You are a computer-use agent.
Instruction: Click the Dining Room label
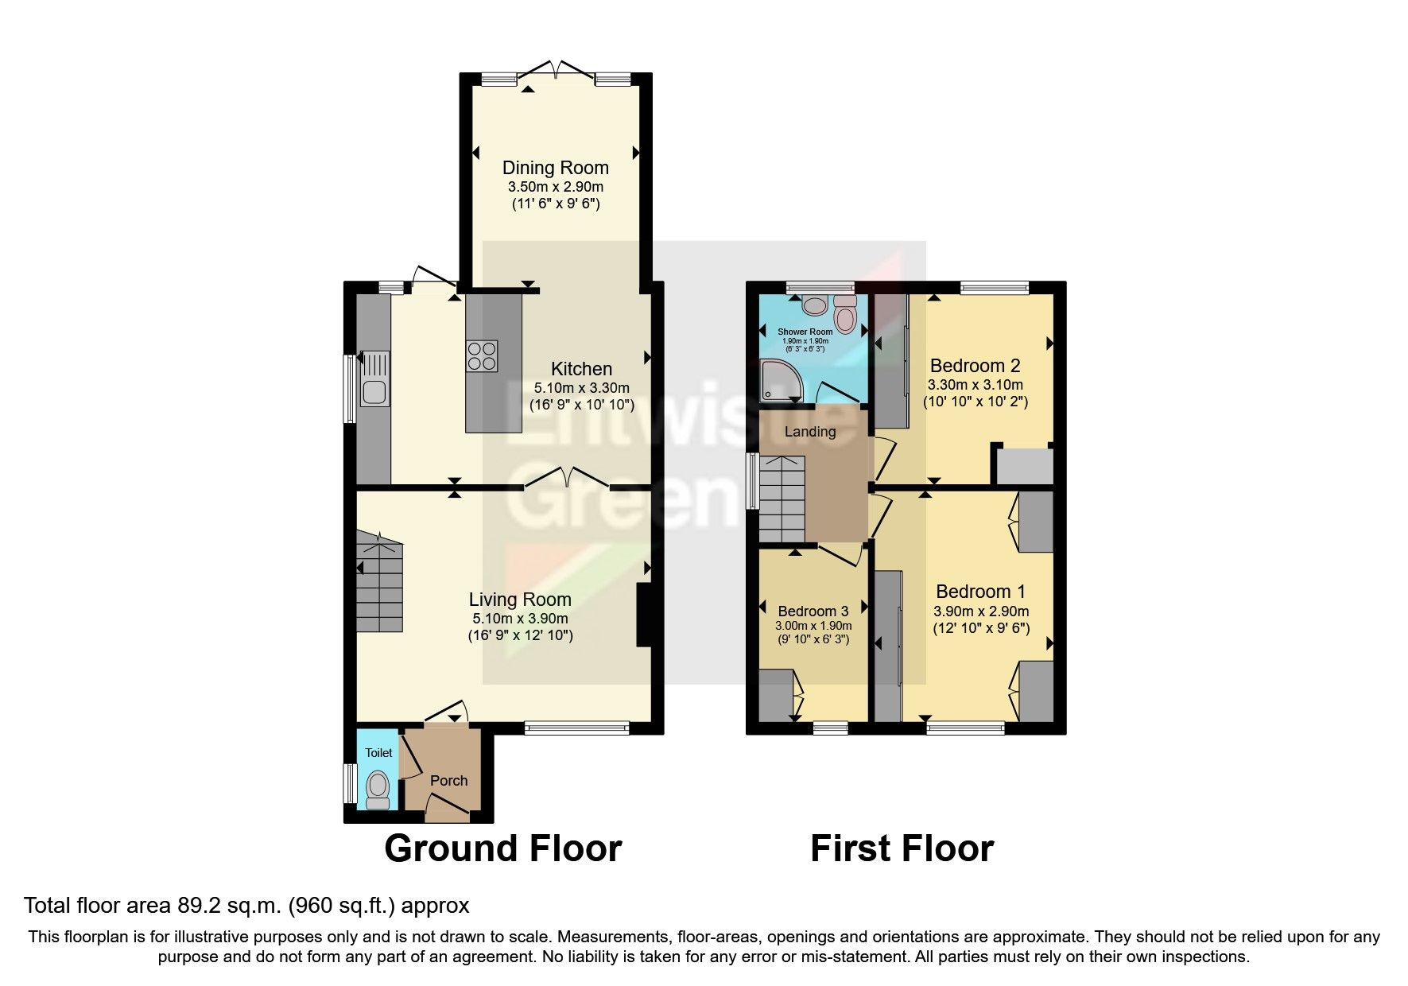point(555,168)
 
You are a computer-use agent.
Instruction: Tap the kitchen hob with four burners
point(482,355)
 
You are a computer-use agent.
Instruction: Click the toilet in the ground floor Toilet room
point(378,787)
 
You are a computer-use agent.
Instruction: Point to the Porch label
point(448,781)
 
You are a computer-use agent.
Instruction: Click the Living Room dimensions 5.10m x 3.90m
point(520,619)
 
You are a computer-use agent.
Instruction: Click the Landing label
point(809,432)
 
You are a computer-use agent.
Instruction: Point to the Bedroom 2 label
point(975,366)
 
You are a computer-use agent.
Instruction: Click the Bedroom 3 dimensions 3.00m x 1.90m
point(813,626)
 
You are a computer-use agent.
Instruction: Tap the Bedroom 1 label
point(980,592)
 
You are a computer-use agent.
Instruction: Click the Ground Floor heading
point(502,848)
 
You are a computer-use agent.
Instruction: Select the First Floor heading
point(902,848)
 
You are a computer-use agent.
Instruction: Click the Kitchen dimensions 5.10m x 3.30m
point(581,388)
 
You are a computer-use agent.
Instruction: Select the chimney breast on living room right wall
point(644,616)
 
